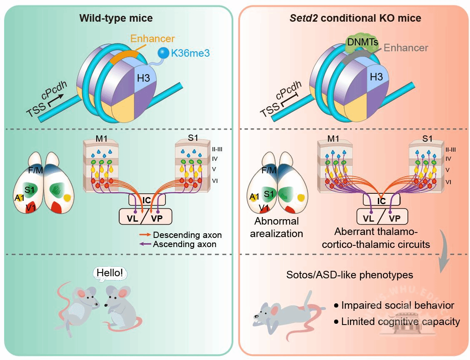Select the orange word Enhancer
pos(152,39)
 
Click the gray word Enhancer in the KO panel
pos(406,47)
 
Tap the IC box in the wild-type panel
pos(146,200)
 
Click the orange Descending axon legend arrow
pos(145,235)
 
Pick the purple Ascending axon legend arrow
pos(145,244)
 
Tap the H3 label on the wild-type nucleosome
pos(144,76)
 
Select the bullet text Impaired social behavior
pos(397,305)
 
